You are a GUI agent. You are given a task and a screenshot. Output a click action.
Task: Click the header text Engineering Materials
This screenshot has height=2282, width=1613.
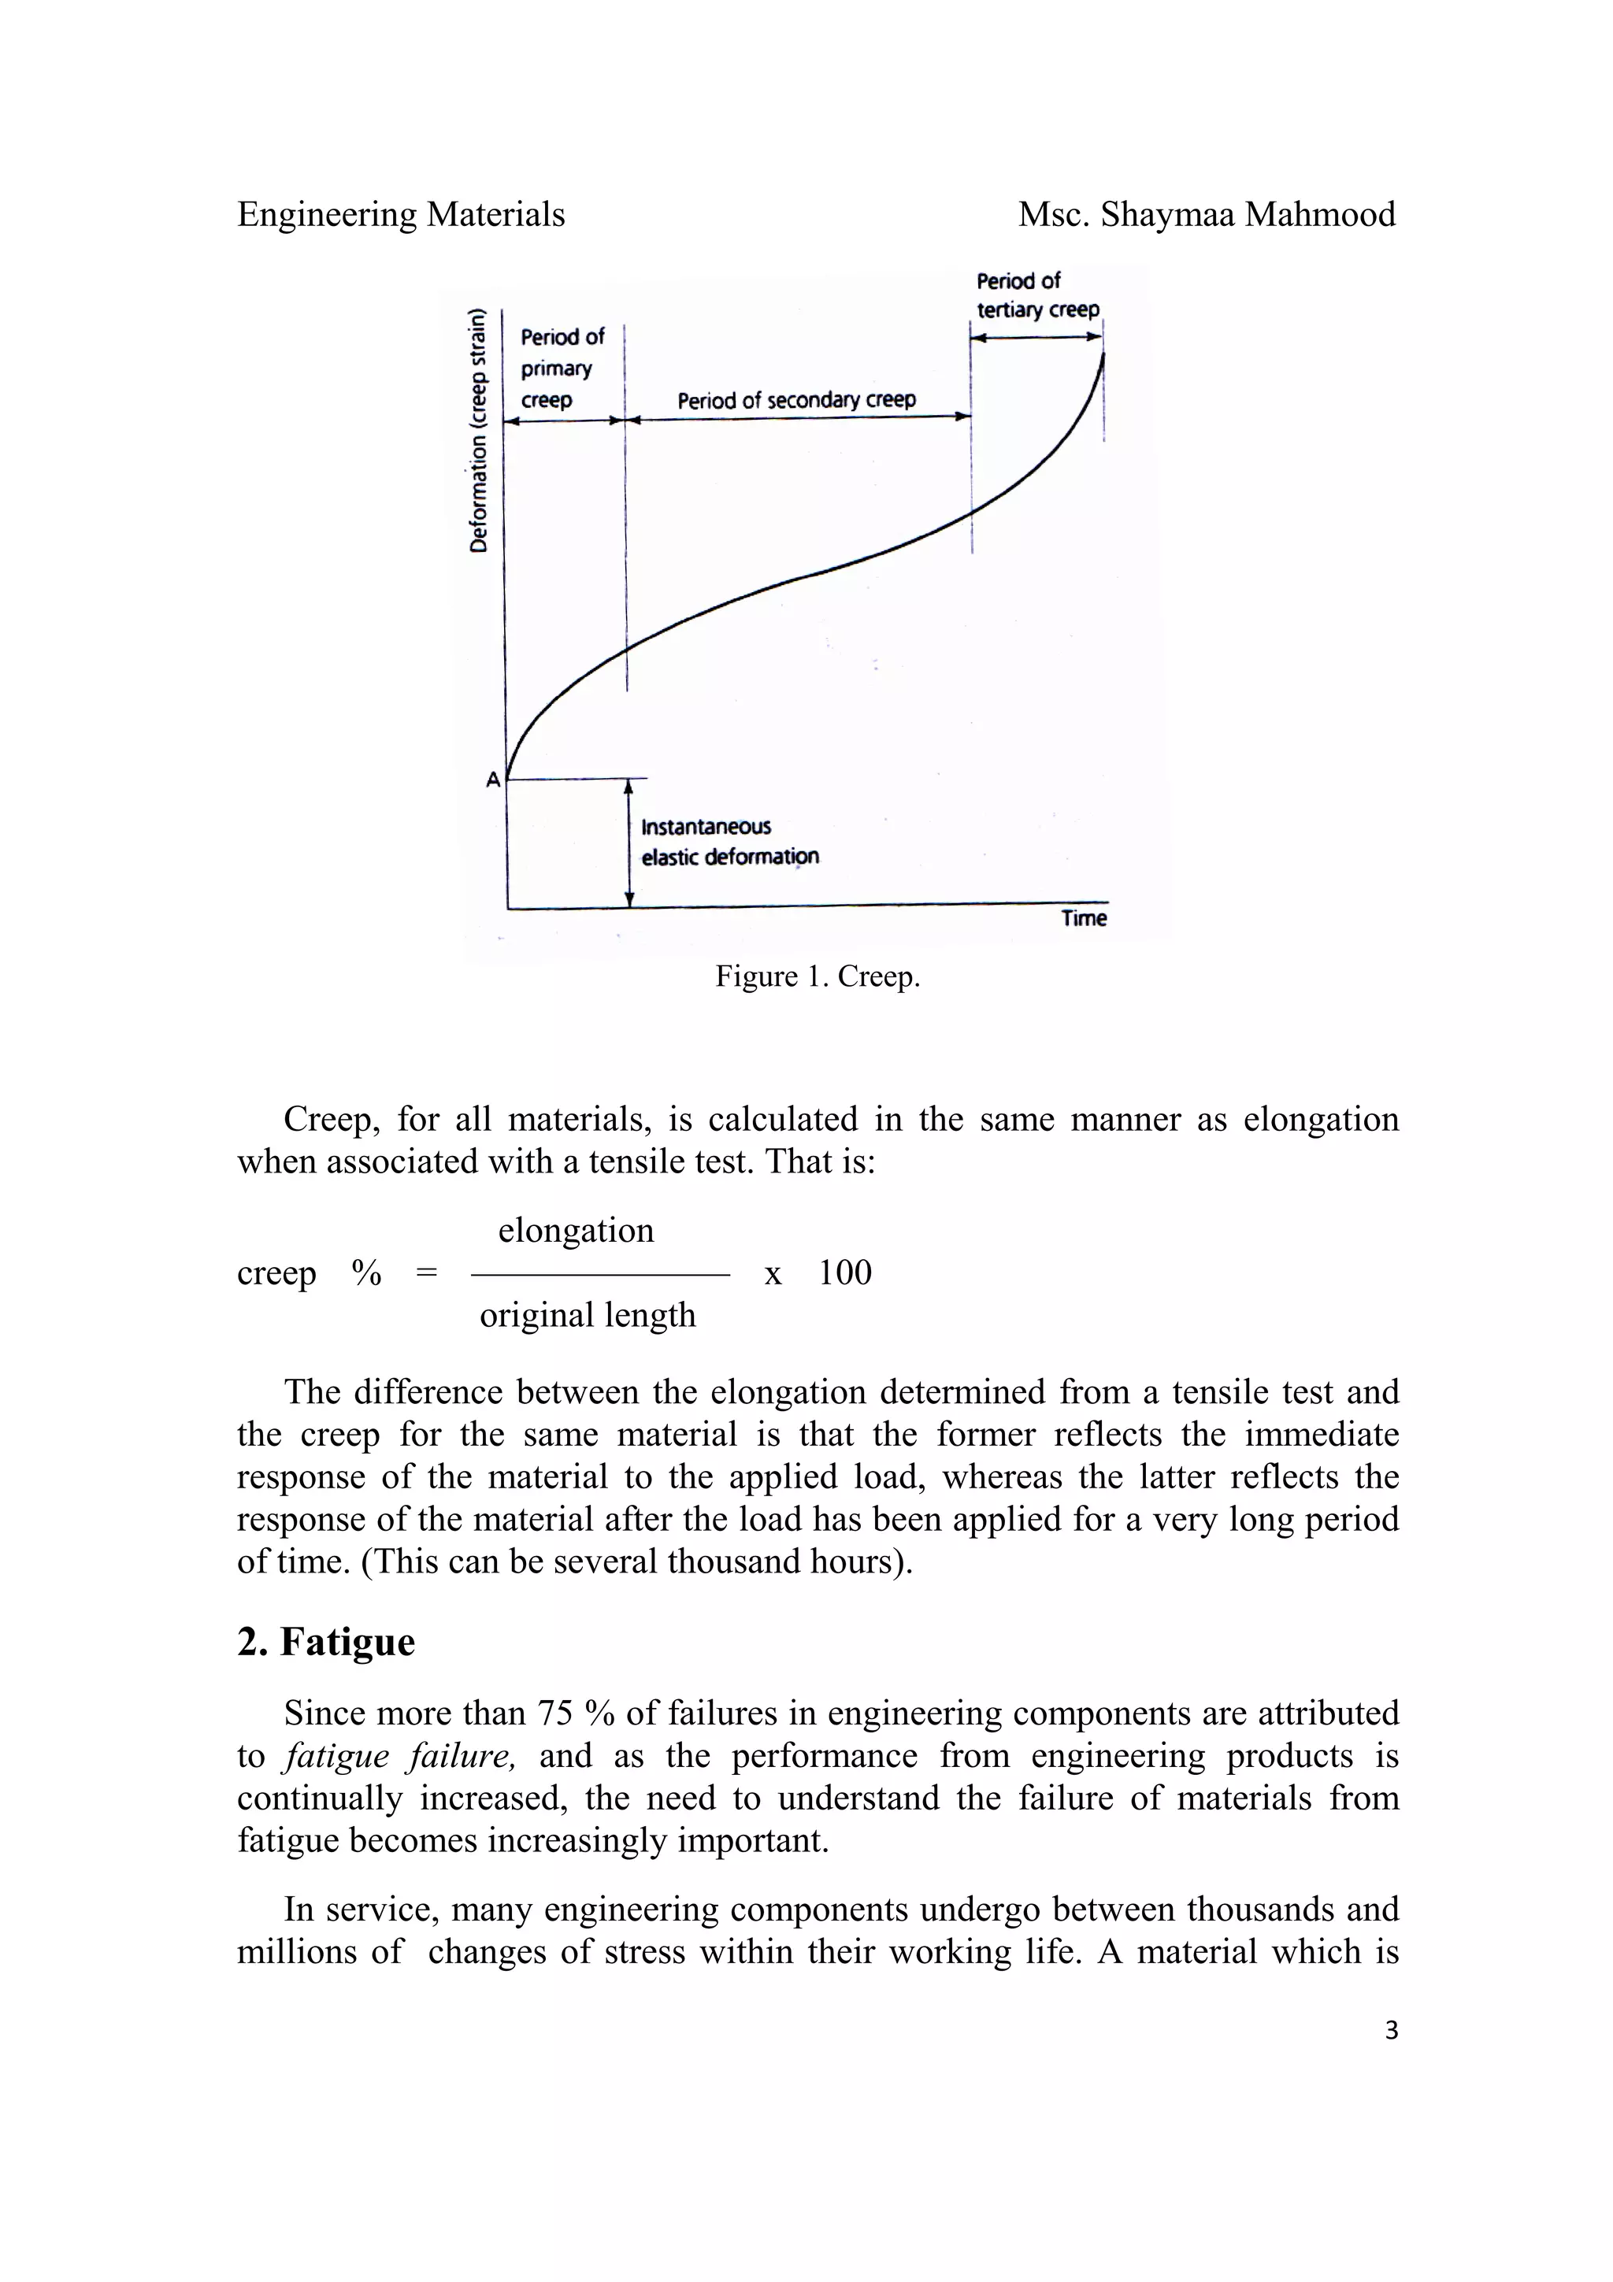pos(401,215)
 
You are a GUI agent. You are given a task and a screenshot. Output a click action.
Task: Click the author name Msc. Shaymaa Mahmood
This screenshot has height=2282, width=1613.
pos(1206,215)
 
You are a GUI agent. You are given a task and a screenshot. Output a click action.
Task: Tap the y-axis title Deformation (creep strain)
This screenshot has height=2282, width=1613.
pos(480,432)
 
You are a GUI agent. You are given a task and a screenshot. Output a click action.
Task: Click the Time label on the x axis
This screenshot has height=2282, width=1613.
pos(1082,918)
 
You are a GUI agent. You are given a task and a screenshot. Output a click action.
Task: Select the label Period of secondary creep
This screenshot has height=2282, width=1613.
pos(796,401)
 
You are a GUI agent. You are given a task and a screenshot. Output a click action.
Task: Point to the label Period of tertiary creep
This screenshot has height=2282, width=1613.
pos(1036,295)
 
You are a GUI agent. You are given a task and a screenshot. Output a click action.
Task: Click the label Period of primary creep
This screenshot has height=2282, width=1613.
pos(562,368)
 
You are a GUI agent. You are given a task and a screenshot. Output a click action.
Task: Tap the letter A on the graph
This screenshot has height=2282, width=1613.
pos(493,780)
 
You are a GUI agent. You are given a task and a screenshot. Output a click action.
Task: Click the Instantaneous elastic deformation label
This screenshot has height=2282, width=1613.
pos(729,842)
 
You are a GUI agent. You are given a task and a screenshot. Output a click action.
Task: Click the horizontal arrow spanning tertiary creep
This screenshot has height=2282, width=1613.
pos(1036,337)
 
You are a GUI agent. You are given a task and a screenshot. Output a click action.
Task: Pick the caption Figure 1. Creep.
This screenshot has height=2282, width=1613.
pos(817,977)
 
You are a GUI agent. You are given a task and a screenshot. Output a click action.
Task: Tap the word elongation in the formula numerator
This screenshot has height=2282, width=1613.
pos(576,1231)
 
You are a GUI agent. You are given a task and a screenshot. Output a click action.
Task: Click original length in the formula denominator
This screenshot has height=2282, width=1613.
pos(588,1315)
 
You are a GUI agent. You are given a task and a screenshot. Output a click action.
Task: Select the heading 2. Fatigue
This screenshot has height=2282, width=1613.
pos(326,1642)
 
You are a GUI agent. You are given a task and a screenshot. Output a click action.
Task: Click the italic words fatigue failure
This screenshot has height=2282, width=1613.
pos(399,1756)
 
